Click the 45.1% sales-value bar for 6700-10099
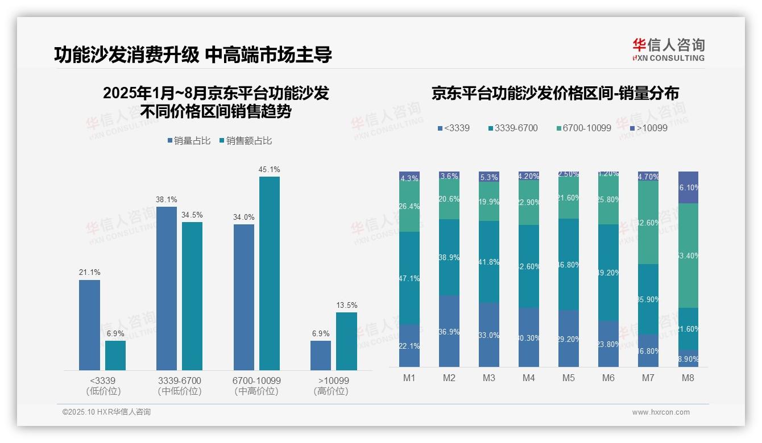pyautogui.click(x=270, y=273)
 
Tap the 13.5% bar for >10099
pyautogui.click(x=346, y=341)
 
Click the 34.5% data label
pyautogui.click(x=192, y=215)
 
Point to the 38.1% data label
pyautogui.click(x=167, y=200)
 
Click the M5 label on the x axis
pyautogui.click(x=568, y=378)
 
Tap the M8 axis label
pyautogui.click(x=688, y=378)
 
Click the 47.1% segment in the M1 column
pyautogui.click(x=409, y=278)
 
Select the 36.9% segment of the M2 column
pyautogui.click(x=449, y=331)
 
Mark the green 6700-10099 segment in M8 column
pyautogui.click(x=688, y=256)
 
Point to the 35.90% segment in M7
pyautogui.click(x=648, y=299)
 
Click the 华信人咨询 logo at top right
pyautogui.click(x=668, y=49)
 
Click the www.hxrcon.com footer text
pyautogui.click(x=661, y=412)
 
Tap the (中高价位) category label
pyautogui.click(x=256, y=391)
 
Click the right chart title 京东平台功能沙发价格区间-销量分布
pyautogui.click(x=555, y=94)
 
